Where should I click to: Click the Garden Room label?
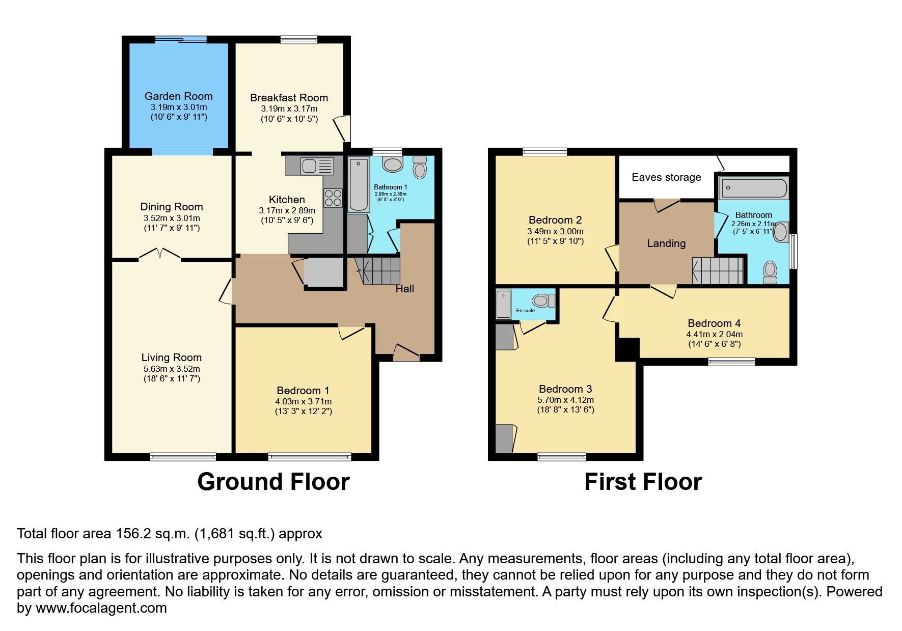click(x=178, y=96)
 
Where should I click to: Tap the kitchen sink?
click(x=317, y=166)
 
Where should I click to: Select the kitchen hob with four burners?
click(x=333, y=198)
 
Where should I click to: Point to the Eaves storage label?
click(x=666, y=177)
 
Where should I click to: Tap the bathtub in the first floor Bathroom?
click(x=753, y=188)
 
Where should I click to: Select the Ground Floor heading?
click(x=273, y=482)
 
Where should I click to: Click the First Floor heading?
click(x=643, y=482)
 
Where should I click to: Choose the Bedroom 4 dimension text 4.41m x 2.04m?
click(x=714, y=335)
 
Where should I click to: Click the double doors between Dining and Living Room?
click(x=160, y=254)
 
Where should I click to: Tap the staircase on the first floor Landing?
click(x=717, y=270)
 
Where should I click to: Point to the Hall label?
click(x=405, y=289)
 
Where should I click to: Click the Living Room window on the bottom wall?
click(x=183, y=457)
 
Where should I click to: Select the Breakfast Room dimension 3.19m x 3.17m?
click(x=289, y=108)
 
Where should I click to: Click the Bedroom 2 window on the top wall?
click(x=544, y=151)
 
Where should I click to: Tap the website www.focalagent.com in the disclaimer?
click(x=101, y=608)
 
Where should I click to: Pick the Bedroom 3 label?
click(x=565, y=389)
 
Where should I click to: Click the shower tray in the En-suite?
click(x=504, y=304)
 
